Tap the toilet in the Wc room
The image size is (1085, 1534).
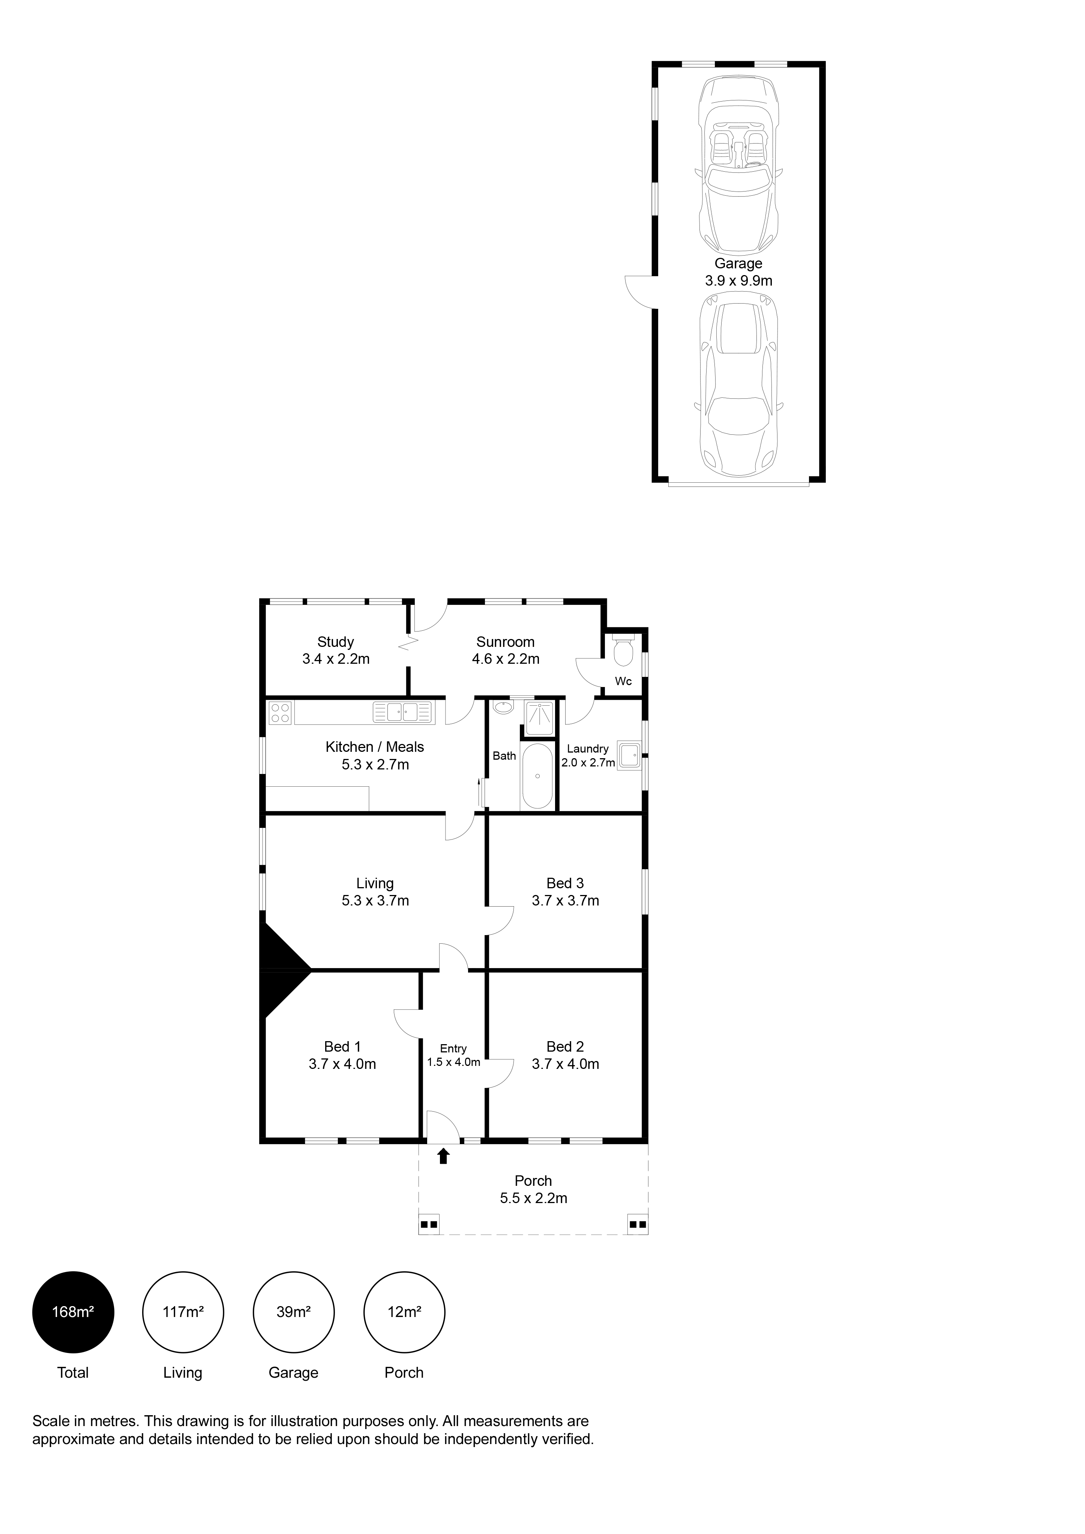(623, 651)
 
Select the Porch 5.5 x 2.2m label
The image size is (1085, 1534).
(533, 1189)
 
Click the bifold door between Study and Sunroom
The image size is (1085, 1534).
(408, 645)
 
